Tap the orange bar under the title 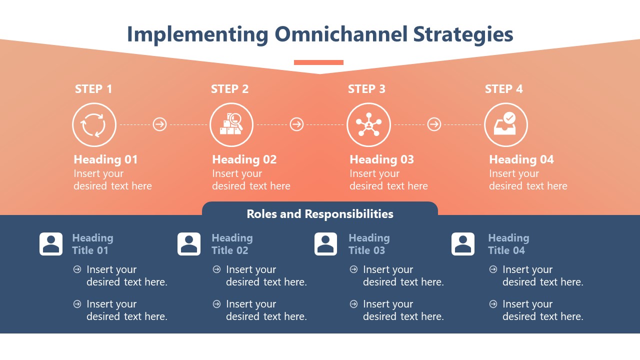[318, 62]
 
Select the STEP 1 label [93, 89]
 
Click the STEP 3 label [366, 89]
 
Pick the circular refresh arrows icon [94, 124]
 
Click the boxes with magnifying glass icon [231, 124]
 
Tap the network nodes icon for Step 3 [368, 124]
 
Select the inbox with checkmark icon [505, 124]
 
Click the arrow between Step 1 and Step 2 [159, 124]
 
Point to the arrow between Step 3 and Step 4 [434, 124]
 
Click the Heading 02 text [244, 159]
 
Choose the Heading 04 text [521, 159]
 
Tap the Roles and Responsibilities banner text [320, 214]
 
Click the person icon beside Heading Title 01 [51, 244]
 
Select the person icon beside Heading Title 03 [325, 244]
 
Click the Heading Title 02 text [231, 244]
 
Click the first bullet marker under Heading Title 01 [77, 269]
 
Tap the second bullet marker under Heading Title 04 [493, 304]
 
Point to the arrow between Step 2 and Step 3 [296, 124]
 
